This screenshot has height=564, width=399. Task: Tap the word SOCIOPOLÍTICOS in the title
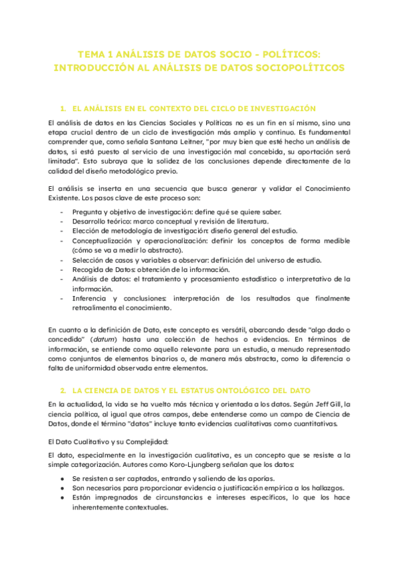pos(299,68)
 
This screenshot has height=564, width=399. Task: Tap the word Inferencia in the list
pos(90,298)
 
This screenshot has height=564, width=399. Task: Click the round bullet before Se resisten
pos(61,479)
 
